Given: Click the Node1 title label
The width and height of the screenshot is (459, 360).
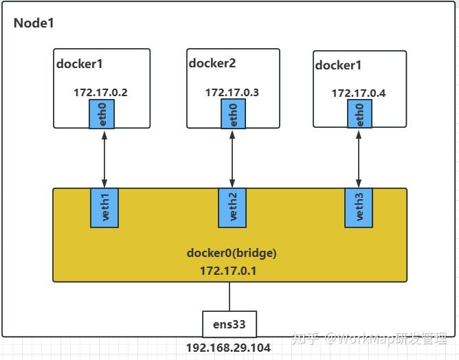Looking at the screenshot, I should coord(34,23).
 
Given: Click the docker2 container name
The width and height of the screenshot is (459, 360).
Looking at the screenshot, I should coord(212,63).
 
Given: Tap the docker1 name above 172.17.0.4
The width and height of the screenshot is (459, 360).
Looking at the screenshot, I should coord(338,65).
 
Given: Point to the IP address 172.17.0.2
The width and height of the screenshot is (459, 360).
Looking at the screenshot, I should coord(102,91).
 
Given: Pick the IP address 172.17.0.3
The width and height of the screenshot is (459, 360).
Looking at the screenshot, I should coord(232,92).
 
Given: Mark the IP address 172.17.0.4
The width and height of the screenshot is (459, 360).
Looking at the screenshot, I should coord(358,93).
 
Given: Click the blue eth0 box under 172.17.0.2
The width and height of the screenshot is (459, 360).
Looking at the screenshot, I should coord(102,113).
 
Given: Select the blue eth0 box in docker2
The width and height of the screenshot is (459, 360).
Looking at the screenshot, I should coord(232,113).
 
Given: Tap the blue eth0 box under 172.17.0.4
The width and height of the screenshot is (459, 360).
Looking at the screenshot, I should coord(357,114).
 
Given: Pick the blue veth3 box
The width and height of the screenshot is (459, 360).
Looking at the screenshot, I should coord(357,208).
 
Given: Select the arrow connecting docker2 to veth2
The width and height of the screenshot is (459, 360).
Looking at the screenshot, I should coord(232,158).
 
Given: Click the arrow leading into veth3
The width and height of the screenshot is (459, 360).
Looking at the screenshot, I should coord(357,158).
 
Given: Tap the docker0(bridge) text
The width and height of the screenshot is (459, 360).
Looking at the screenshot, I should coord(231,253).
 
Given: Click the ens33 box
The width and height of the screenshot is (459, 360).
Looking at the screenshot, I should coord(229,324).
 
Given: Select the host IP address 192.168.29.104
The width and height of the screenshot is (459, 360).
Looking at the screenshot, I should coord(229,348).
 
